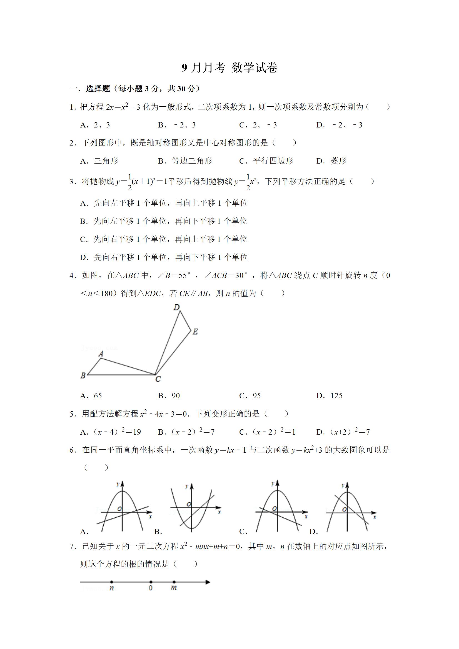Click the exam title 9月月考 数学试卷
tap(229, 68)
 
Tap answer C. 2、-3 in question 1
tap(258, 125)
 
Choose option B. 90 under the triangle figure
tap(169, 396)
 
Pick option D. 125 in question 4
tap(330, 396)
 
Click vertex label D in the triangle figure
tap(177, 307)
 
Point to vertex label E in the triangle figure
tap(195, 332)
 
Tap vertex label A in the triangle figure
tap(101, 354)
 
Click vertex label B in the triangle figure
tap(83, 376)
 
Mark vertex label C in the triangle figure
tap(158, 379)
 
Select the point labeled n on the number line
tap(112, 582)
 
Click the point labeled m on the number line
tap(174, 582)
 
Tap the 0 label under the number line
tap(151, 588)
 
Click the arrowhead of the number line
tap(208, 582)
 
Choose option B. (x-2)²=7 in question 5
tap(186, 432)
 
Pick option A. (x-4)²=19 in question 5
tap(111, 432)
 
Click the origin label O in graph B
tap(189, 504)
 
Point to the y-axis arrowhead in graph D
tap(347, 485)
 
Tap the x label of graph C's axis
tap(306, 517)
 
